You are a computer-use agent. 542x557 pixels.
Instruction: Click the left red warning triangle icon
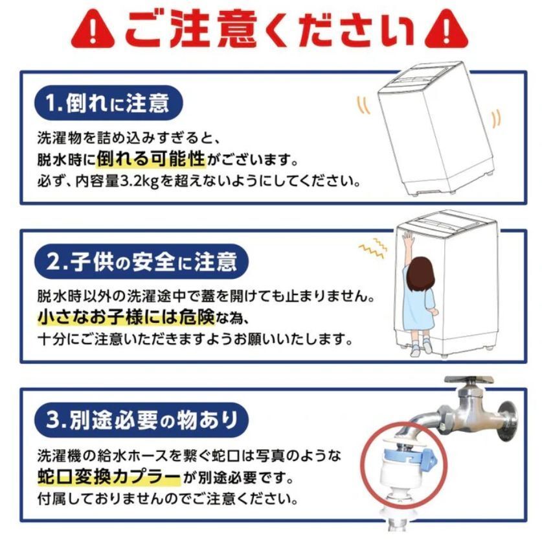[93, 29]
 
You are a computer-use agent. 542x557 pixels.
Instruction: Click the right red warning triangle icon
[446, 29]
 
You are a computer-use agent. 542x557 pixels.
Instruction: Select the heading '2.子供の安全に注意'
[141, 261]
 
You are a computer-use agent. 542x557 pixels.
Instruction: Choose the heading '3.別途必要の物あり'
[142, 420]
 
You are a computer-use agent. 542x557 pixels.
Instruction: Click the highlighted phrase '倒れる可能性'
[151, 159]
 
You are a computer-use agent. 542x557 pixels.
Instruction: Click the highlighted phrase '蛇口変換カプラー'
[109, 477]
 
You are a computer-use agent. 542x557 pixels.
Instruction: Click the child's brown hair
[420, 273]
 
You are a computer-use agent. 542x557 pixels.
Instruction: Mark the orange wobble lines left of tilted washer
[363, 105]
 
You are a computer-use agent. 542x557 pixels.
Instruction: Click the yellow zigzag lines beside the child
[372, 247]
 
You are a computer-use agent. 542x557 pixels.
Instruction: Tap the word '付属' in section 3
[52, 499]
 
